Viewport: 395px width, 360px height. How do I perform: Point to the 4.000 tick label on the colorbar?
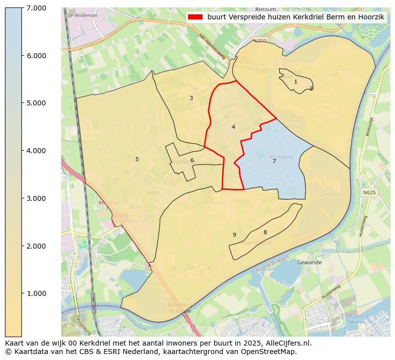click(x=36, y=151)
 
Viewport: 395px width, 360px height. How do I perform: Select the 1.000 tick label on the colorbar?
click(x=36, y=293)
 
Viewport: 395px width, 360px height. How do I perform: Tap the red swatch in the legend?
click(x=195, y=17)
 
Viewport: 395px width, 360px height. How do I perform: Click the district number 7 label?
click(x=274, y=161)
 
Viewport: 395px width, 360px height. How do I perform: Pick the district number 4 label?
click(x=233, y=127)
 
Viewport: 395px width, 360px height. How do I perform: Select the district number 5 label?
click(x=137, y=159)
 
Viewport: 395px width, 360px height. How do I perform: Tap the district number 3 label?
click(x=191, y=98)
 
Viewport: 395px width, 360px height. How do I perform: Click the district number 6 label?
click(x=192, y=160)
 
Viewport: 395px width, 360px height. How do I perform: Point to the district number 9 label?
click(x=234, y=235)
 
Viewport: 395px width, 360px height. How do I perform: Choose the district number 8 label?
click(x=265, y=232)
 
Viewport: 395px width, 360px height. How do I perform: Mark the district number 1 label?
click(x=296, y=82)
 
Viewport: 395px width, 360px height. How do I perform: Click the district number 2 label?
click(x=311, y=89)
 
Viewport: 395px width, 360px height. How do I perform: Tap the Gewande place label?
click(x=309, y=262)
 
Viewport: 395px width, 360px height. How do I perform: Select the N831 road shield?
click(x=154, y=192)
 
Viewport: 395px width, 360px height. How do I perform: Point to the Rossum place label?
click(x=265, y=9)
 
